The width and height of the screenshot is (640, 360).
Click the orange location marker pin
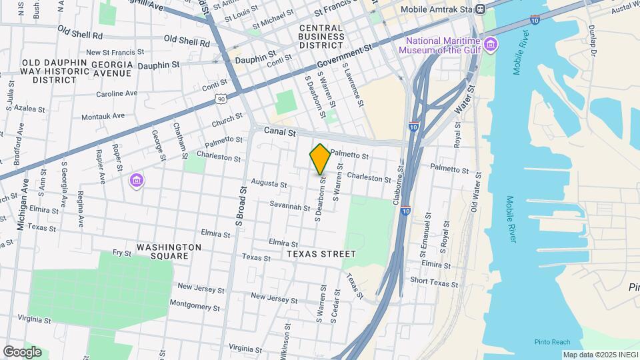(320, 159)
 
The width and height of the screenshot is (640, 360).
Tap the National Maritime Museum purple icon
(491, 45)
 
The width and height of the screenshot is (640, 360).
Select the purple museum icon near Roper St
(137, 180)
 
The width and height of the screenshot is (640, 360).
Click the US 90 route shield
(221, 99)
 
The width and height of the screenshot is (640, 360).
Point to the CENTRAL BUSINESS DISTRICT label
(321, 37)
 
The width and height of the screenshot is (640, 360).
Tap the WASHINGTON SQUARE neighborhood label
(169, 251)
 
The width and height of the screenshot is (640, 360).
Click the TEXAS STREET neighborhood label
(322, 254)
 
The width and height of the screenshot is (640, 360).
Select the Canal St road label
(279, 132)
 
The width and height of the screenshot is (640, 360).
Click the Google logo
(22, 351)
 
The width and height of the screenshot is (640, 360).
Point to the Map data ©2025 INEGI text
(600, 355)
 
